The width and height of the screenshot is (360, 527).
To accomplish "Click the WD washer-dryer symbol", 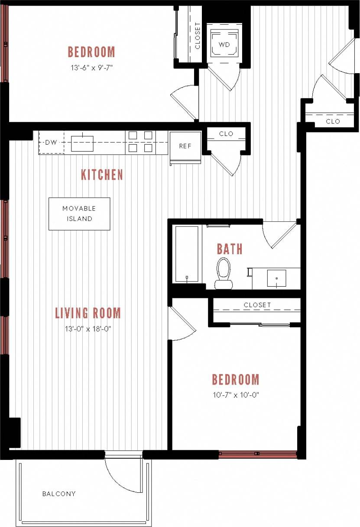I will [x=224, y=44].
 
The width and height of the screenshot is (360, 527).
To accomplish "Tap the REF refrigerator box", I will [x=185, y=146].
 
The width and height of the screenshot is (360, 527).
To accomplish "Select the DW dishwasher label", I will [x=51, y=142].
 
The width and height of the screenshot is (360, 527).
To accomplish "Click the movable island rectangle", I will [x=79, y=213].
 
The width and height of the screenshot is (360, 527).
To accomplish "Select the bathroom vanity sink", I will [x=276, y=278].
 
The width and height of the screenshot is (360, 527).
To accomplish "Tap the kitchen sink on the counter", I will [x=82, y=143].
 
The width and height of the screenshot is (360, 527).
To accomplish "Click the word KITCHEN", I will [x=102, y=175].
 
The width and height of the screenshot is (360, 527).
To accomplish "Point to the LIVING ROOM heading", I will [x=88, y=313].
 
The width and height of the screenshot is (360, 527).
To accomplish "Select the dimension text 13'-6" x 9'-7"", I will [x=91, y=67].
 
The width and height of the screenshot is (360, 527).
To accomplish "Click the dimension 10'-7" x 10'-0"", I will [x=236, y=394].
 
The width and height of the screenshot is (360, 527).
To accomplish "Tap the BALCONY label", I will [x=59, y=494].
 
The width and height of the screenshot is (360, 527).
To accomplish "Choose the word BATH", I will [x=230, y=249].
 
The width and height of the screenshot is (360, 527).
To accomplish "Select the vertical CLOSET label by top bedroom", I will [x=198, y=36].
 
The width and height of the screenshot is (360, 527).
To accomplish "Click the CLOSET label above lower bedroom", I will [x=257, y=305].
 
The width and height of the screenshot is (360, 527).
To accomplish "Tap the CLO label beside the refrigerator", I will [x=226, y=134].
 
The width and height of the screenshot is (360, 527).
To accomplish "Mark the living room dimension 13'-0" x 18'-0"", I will [x=88, y=329].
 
